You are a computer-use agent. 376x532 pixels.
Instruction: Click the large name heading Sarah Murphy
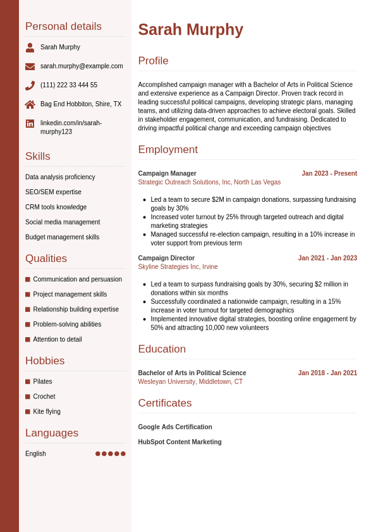(x=190, y=30)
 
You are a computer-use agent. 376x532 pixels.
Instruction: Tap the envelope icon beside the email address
(x=30, y=66)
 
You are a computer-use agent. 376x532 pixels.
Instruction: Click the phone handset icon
(x=30, y=85)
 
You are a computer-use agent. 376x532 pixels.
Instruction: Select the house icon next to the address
(x=30, y=104)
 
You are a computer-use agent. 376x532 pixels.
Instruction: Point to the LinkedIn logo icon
(x=30, y=123)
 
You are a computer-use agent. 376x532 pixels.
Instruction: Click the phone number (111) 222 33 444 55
(x=69, y=85)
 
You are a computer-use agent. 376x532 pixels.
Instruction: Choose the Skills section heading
(x=38, y=156)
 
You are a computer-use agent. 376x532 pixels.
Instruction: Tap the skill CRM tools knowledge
(x=56, y=207)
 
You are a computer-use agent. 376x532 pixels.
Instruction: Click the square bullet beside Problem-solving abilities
(x=28, y=325)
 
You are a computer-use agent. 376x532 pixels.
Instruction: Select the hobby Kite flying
(x=47, y=412)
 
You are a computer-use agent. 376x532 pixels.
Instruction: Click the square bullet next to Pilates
(x=28, y=381)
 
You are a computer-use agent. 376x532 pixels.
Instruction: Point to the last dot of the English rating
(x=123, y=454)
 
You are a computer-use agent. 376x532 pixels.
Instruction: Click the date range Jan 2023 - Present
(x=329, y=173)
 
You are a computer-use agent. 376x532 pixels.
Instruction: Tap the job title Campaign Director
(x=166, y=258)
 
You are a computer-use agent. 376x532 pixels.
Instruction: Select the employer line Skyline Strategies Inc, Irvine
(x=178, y=267)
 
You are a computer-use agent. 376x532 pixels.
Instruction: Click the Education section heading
(x=162, y=349)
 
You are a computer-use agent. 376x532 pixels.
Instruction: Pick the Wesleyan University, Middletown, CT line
(x=190, y=382)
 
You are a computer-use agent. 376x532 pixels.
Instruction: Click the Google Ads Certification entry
(x=175, y=427)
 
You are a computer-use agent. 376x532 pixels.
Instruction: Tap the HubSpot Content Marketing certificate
(x=179, y=442)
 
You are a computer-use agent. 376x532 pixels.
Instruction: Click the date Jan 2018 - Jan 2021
(x=327, y=373)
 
